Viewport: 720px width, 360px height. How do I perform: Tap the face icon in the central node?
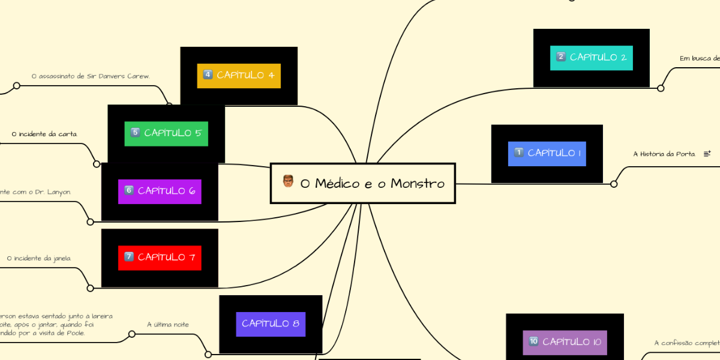tap(288, 181)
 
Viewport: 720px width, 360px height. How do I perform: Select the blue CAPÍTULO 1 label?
tap(547, 154)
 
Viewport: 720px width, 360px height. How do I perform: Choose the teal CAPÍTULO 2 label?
tap(591, 58)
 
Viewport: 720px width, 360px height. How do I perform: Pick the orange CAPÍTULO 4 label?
tap(239, 76)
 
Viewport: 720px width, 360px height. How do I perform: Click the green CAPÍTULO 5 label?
tap(166, 133)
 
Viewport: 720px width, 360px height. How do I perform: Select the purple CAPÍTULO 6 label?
tap(159, 191)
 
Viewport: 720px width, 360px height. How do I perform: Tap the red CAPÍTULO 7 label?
tap(159, 257)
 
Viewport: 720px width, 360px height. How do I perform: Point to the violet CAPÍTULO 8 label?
tap(271, 323)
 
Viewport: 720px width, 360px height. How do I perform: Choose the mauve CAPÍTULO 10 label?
tap(565, 342)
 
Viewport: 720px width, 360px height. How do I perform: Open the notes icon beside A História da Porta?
tap(707, 154)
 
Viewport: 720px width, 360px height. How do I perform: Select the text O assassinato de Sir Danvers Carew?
tap(91, 76)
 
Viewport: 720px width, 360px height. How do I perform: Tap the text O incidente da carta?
tap(44, 133)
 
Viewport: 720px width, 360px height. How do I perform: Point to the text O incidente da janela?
tap(39, 259)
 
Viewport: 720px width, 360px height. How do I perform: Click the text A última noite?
tap(168, 325)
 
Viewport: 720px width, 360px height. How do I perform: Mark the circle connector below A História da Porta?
tap(614, 184)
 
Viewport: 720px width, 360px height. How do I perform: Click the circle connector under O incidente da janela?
tap(90, 288)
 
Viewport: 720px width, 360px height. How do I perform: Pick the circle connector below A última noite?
tap(208, 355)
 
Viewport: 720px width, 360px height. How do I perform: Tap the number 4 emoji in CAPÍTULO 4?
tap(208, 75)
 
